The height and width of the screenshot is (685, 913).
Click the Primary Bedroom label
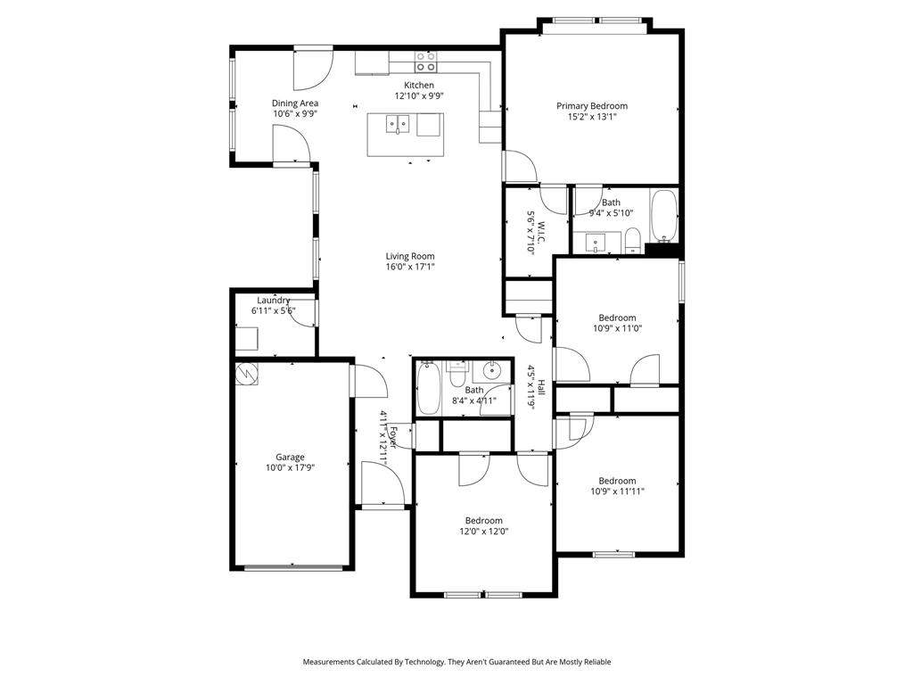click(x=592, y=105)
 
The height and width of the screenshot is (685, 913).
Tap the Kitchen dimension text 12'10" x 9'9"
click(x=419, y=95)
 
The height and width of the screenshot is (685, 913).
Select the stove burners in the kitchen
click(x=426, y=62)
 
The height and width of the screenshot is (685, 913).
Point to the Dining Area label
click(x=295, y=103)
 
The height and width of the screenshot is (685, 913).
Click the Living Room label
click(x=410, y=256)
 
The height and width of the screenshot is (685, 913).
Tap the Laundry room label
click(x=274, y=301)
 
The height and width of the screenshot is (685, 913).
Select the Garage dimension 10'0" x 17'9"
click(x=290, y=467)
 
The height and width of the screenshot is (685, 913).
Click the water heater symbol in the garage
click(x=246, y=375)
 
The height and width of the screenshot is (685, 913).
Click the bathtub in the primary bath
click(x=664, y=216)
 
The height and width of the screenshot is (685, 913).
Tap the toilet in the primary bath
click(x=632, y=239)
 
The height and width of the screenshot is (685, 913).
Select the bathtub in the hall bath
click(x=428, y=389)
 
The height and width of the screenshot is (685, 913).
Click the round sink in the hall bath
click(x=492, y=373)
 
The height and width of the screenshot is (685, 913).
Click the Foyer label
click(x=392, y=438)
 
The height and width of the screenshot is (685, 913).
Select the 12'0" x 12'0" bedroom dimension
click(x=483, y=532)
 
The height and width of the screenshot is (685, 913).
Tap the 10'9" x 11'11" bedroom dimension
click(x=617, y=491)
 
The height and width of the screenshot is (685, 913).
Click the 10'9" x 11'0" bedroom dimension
click(x=617, y=328)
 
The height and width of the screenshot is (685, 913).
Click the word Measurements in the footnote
click(x=331, y=662)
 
